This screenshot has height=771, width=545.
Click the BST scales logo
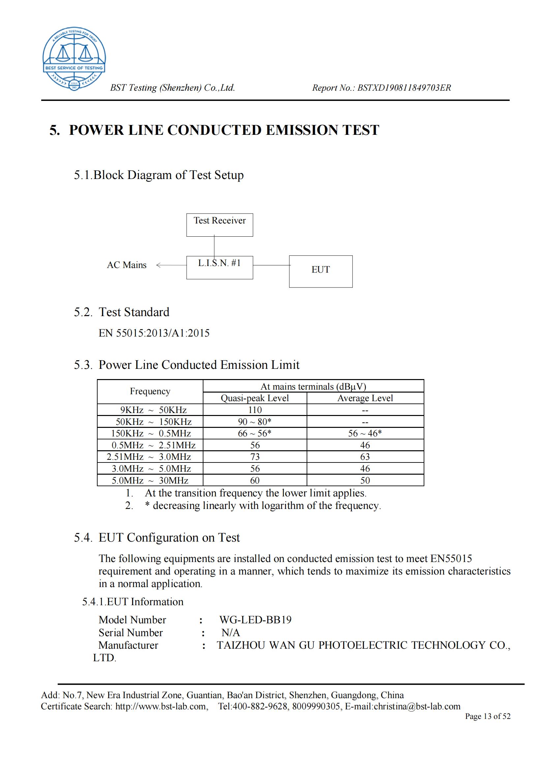click(74, 59)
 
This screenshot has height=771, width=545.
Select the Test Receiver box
click(220, 225)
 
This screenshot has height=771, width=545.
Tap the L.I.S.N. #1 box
click(220, 267)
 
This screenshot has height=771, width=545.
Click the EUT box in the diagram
click(321, 271)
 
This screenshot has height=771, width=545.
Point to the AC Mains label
click(127, 265)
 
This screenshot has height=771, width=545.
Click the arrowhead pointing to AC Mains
click(159, 265)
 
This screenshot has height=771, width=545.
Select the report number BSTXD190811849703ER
click(404, 88)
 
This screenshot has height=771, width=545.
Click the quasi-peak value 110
click(255, 410)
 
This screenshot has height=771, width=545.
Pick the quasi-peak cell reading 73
click(255, 457)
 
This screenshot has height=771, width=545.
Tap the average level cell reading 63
click(365, 457)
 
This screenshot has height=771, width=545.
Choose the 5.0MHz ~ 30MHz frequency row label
click(150, 480)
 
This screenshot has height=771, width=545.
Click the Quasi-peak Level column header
click(255, 398)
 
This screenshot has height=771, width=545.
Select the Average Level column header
click(365, 398)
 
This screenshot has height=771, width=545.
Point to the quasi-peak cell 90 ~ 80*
click(255, 422)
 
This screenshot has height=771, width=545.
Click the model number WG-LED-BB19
click(255, 620)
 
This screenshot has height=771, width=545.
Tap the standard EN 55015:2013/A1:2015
click(154, 333)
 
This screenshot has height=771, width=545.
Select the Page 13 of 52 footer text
click(487, 716)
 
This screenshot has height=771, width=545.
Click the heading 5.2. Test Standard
click(122, 312)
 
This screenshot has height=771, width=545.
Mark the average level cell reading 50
click(365, 480)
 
